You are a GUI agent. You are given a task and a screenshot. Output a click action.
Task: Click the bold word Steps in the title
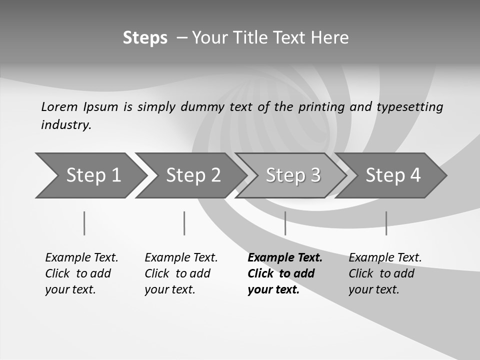145,38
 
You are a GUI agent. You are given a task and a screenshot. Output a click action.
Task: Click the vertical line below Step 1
84,223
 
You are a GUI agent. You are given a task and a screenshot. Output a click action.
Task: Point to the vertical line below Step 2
184,223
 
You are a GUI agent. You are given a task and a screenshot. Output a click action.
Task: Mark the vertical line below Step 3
285,223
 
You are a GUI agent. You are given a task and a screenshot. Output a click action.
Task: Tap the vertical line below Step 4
386,223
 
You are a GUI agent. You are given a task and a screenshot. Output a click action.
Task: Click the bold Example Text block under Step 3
285,273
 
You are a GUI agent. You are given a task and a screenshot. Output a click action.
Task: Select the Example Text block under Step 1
81,273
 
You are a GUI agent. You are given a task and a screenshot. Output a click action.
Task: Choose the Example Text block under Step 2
181,273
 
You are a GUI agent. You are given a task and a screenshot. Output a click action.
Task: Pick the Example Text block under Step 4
385,273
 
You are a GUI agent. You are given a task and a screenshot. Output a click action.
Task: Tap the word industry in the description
66,124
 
